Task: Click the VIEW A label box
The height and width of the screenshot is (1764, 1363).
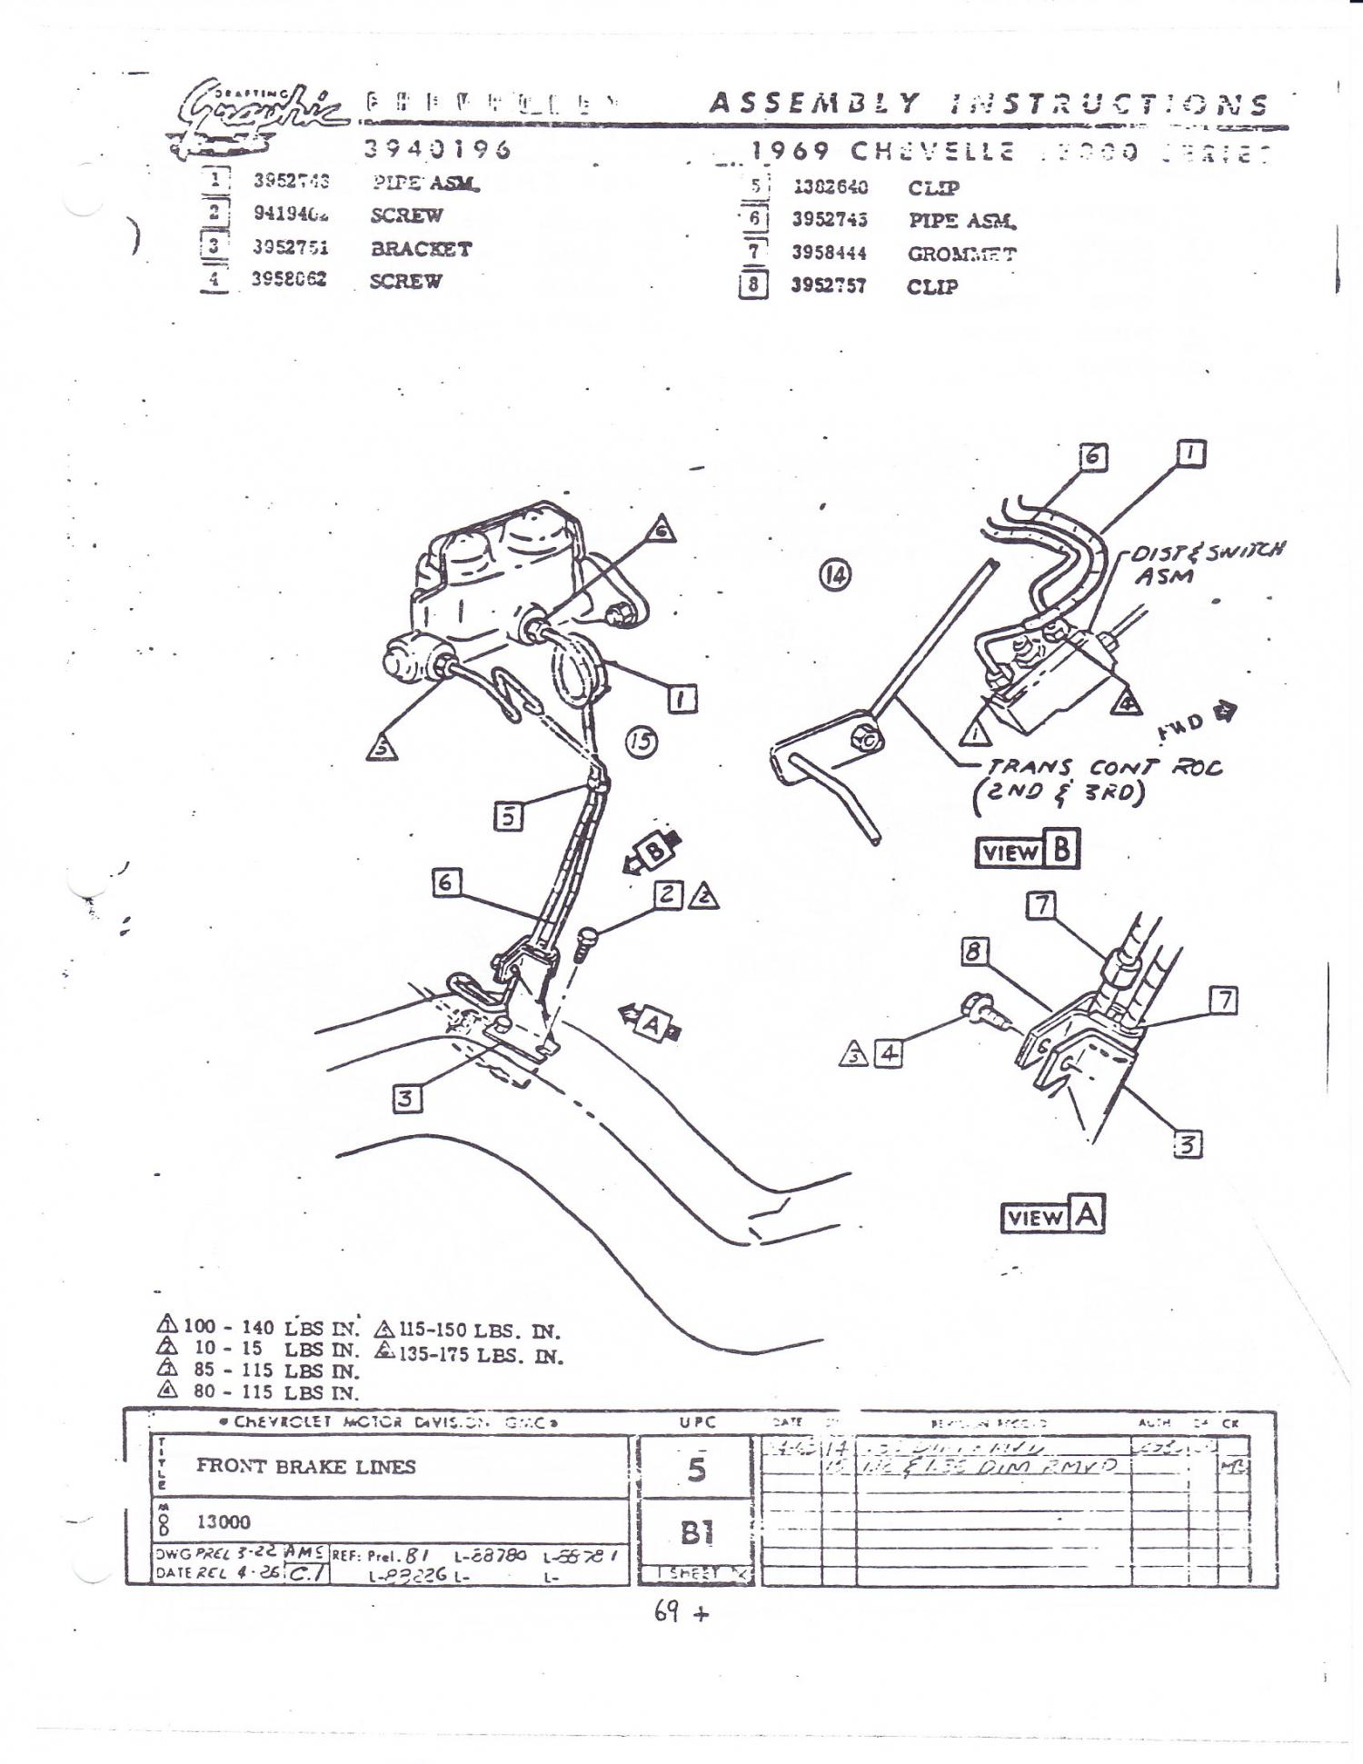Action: point(1052,1215)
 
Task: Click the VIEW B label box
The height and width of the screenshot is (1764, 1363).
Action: point(1027,851)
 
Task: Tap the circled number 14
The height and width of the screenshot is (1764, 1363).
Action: point(835,574)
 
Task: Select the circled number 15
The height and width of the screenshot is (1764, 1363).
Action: point(642,742)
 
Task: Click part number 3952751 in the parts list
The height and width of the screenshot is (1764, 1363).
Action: point(291,248)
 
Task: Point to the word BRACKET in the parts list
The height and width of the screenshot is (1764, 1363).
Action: point(421,249)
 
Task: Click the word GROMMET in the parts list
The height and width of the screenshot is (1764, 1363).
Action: point(961,254)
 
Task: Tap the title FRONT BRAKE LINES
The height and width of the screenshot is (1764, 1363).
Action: point(305,1466)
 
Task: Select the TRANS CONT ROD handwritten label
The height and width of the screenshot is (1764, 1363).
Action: point(1103,779)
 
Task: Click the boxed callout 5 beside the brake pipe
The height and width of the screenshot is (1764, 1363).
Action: point(508,817)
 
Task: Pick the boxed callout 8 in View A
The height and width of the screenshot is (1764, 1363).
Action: point(974,952)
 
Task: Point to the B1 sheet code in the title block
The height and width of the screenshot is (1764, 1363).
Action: point(696,1533)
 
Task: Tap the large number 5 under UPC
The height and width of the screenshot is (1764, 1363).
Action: point(696,1470)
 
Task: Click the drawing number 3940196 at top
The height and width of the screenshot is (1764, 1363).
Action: point(438,149)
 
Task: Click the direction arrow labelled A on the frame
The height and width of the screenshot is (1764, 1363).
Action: point(651,1022)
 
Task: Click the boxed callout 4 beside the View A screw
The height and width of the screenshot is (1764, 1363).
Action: point(888,1053)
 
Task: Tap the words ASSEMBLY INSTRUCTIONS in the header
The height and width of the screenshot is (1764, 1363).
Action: point(988,104)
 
